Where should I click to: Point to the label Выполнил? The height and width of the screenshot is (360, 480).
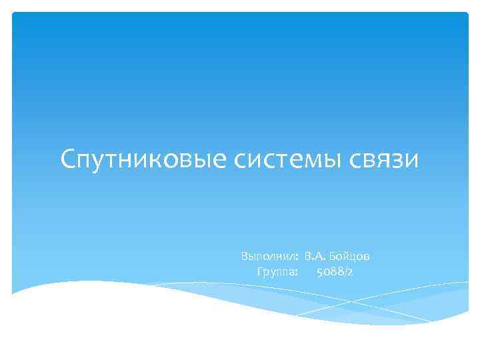click(269, 257)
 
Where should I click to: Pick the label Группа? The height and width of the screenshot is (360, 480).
click(277, 272)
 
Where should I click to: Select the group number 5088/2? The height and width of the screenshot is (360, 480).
click(335, 272)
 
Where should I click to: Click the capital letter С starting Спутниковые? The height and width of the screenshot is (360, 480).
click(69, 160)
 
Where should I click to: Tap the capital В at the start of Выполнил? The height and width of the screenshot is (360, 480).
click(245, 257)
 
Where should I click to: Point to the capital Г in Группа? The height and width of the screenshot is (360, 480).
click(259, 272)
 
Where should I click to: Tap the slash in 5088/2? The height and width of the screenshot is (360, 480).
click(345, 272)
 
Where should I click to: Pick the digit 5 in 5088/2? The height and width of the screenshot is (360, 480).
click(320, 272)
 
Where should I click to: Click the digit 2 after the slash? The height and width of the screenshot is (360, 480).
click(351, 272)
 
